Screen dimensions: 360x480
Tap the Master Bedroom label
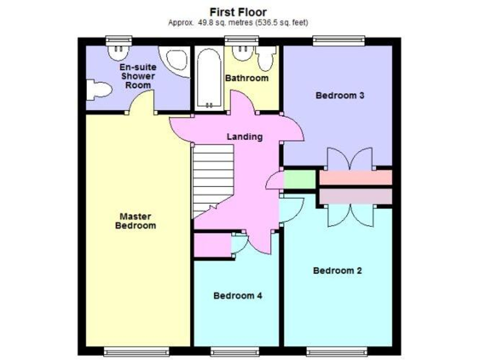pos(136,221)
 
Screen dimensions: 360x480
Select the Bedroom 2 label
pos(337,271)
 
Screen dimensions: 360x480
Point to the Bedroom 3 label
pos(339,96)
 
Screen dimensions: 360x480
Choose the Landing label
pos(244,137)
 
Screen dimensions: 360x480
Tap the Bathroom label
pos(246,78)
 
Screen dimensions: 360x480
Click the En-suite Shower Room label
pos(138,76)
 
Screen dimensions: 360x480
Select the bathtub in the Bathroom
pos(207,81)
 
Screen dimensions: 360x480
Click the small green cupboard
pos(300,180)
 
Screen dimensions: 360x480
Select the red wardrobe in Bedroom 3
pos(355,177)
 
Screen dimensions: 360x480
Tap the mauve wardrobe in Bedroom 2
pos(355,196)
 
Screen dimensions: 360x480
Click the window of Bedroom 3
pos(339,41)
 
